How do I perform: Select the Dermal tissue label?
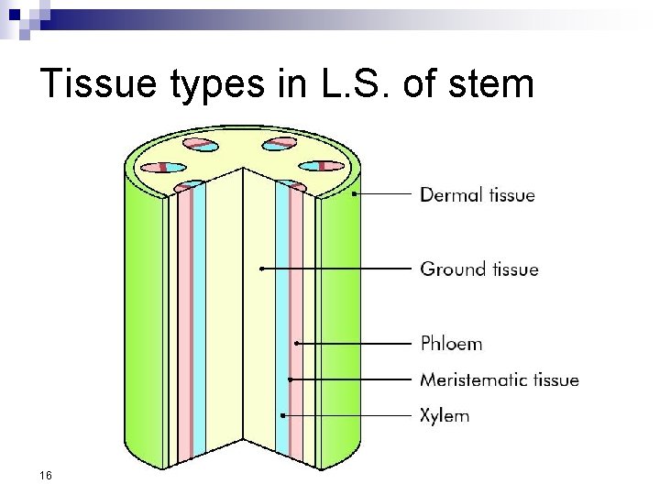477,194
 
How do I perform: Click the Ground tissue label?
478,269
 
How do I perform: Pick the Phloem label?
451,344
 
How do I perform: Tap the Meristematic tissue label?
499,379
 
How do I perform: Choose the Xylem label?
445,415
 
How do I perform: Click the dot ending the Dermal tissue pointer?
354,194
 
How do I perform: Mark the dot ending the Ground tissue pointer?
261,269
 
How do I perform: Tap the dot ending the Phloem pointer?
297,343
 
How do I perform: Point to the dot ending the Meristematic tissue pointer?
290,379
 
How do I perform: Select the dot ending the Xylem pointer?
283,415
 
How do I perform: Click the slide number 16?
47,475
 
